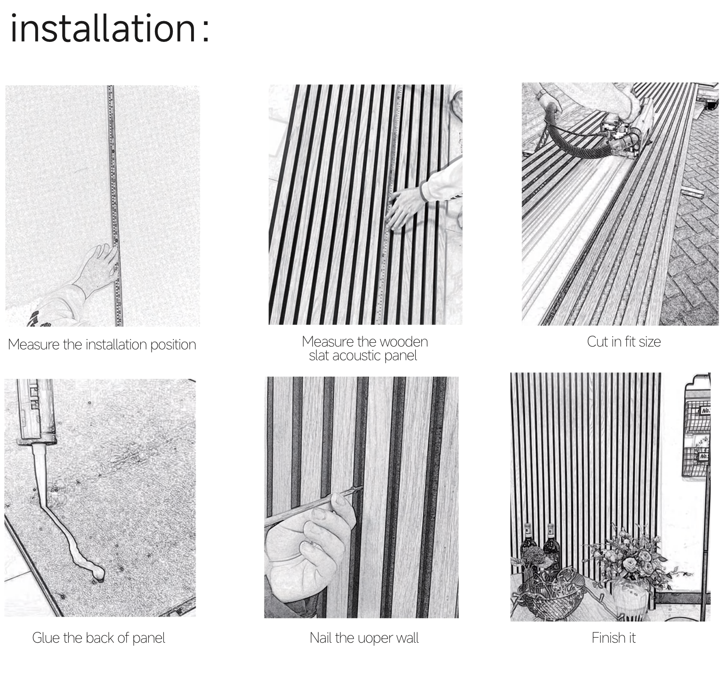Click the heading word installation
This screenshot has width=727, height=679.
tap(102, 28)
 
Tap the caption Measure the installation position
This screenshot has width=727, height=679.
tap(102, 344)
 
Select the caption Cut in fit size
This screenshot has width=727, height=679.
tap(624, 341)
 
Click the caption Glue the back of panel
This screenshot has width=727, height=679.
tap(99, 638)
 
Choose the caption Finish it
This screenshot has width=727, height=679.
tap(614, 638)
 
